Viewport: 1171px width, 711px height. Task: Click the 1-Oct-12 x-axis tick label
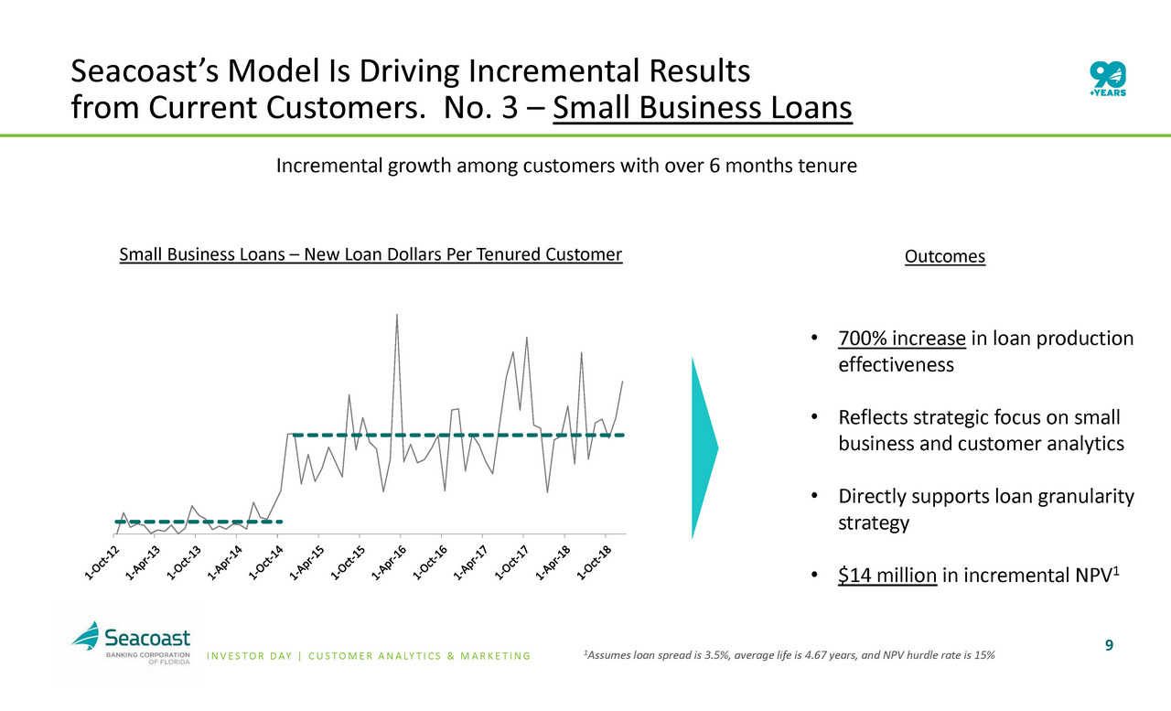tap(102, 563)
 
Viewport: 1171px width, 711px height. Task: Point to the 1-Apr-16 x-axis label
tap(389, 563)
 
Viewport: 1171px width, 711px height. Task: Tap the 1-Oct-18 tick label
tap(594, 563)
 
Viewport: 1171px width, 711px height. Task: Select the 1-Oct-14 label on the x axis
tap(265, 563)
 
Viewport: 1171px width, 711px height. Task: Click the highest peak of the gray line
tap(397, 315)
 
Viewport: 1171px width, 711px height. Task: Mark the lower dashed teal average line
tap(199, 522)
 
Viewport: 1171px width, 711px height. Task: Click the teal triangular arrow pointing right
tap(704, 448)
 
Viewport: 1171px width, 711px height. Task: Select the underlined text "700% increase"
tap(902, 339)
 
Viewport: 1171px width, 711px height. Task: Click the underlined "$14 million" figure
tap(887, 575)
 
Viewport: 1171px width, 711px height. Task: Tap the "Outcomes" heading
tap(945, 256)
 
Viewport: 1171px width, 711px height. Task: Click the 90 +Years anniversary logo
tap(1108, 79)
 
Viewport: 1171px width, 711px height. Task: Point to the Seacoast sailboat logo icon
tap(86, 635)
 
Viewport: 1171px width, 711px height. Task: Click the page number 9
tap(1109, 645)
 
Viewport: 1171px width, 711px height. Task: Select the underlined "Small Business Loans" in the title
tap(703, 107)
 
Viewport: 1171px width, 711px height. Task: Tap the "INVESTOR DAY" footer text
tap(250, 656)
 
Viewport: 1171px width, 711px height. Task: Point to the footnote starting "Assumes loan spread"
tap(790, 655)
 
